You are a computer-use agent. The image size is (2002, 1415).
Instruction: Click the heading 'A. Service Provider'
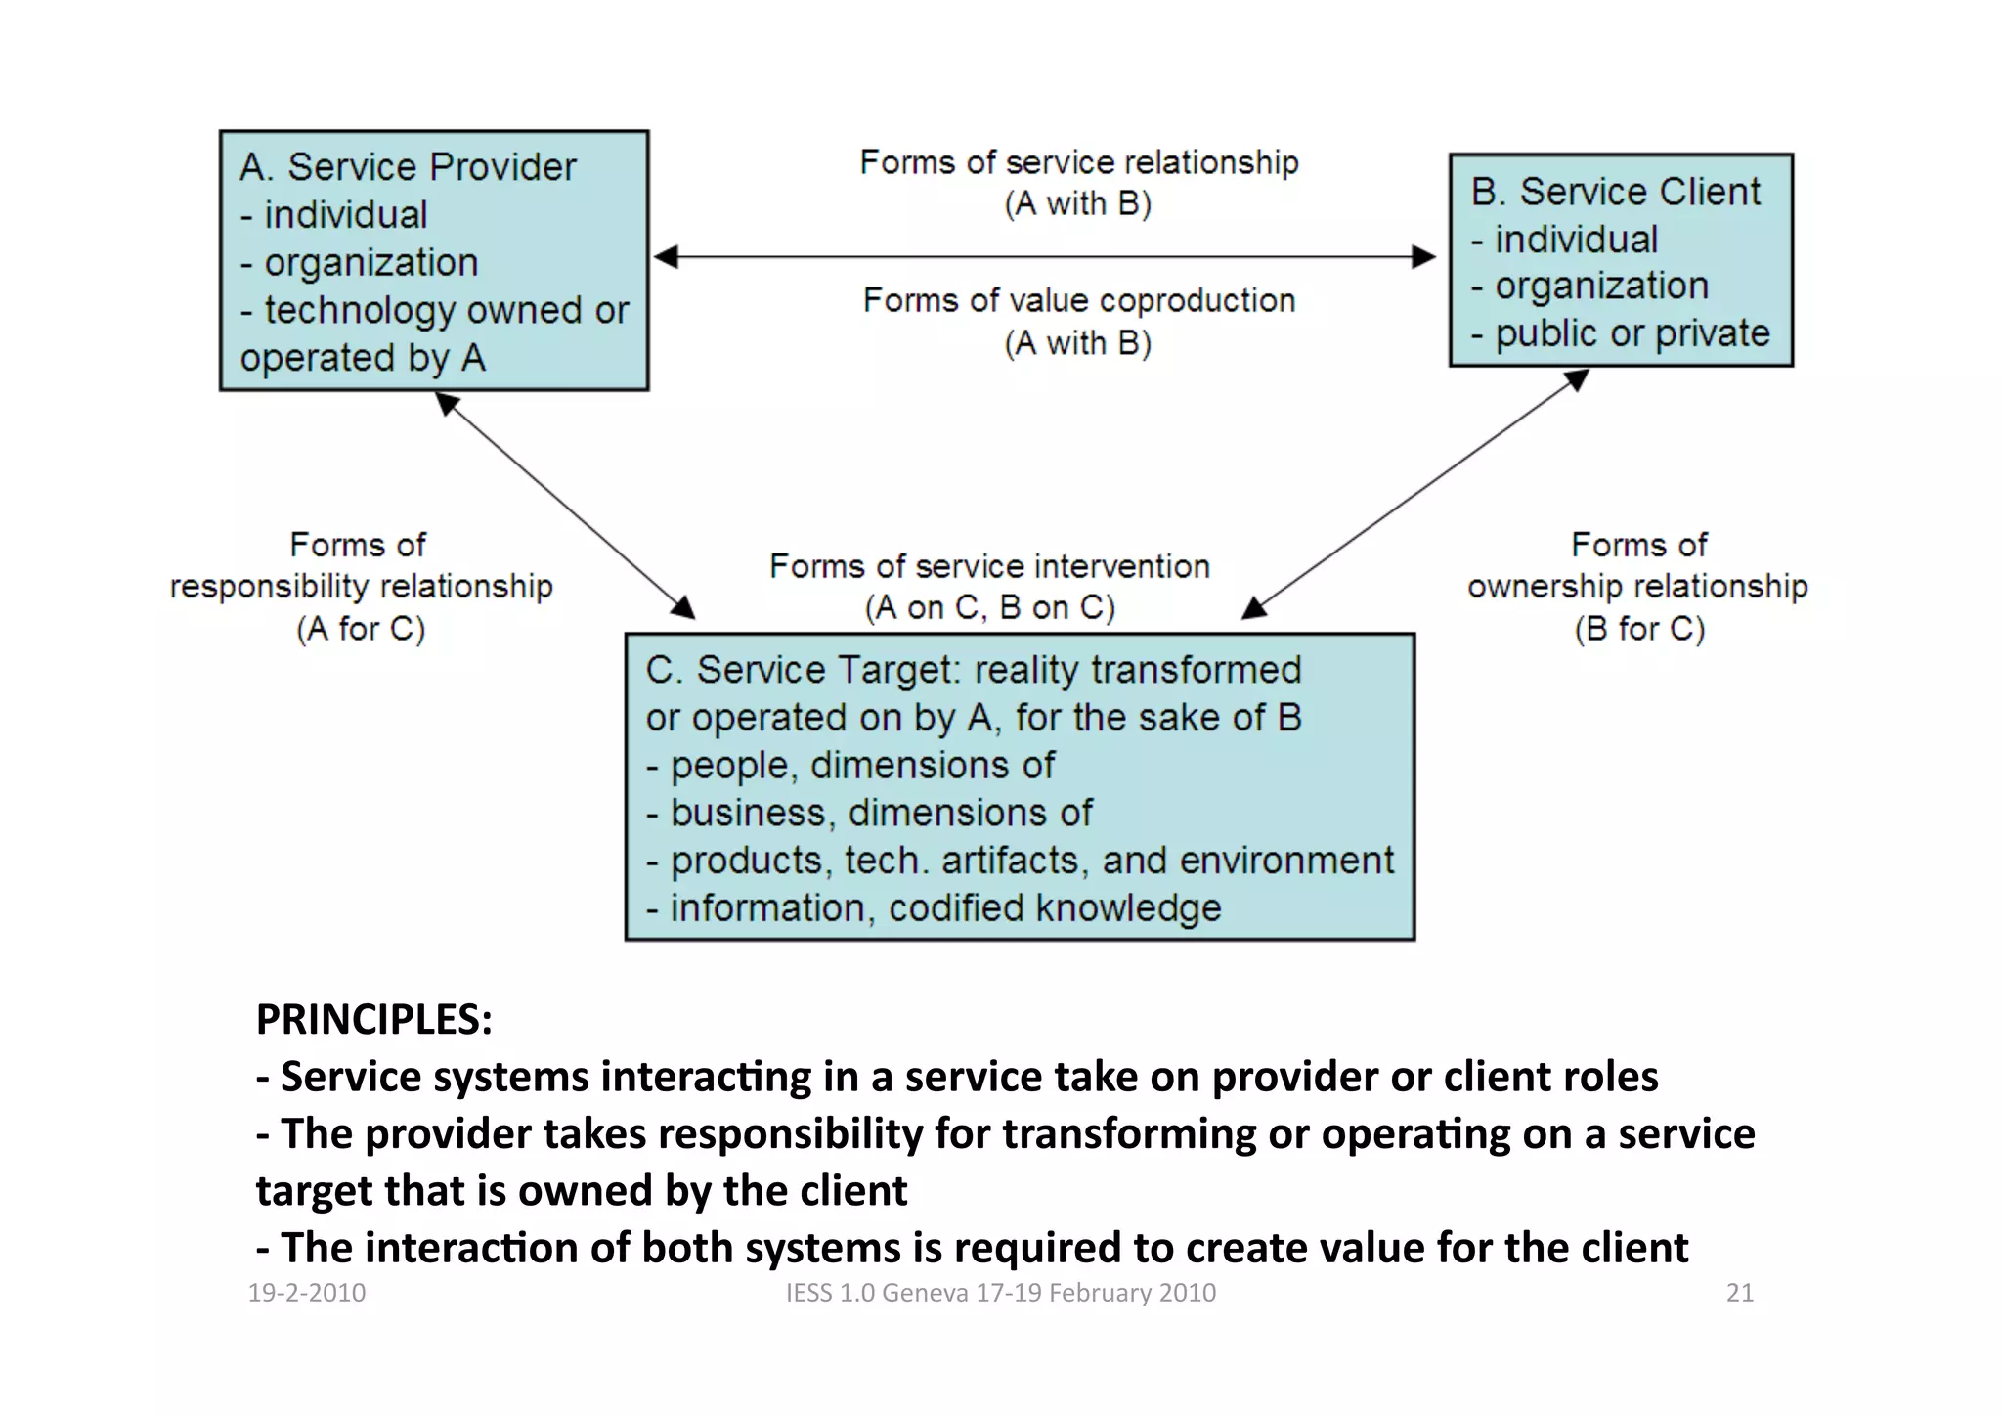408,167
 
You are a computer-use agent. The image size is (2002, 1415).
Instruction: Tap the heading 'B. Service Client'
1615,192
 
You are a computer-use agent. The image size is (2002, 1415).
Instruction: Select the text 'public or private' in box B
1632,333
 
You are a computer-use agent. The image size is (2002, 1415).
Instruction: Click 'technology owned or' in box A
447,310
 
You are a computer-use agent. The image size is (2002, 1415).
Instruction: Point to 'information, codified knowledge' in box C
945,908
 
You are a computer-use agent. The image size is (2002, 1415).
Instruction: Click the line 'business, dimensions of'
881,813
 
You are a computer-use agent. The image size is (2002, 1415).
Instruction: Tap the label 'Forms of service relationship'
1078,162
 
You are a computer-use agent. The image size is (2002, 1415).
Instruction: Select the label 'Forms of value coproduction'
1078,300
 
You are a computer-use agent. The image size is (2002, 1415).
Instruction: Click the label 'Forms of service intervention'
989,566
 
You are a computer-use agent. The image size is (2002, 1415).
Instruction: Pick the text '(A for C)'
361,629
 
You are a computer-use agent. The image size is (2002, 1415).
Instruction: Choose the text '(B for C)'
1639,629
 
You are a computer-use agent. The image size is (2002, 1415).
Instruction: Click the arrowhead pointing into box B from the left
1424,257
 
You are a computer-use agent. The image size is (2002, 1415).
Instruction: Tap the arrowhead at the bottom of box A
448,402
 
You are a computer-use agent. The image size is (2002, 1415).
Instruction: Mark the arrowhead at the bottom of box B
1576,379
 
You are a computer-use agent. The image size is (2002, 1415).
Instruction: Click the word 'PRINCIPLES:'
374,1019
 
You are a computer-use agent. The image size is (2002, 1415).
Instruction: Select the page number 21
1739,1293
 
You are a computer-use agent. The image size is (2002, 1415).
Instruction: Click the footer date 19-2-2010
307,1293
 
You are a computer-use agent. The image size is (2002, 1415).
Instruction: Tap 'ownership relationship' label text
1637,586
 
